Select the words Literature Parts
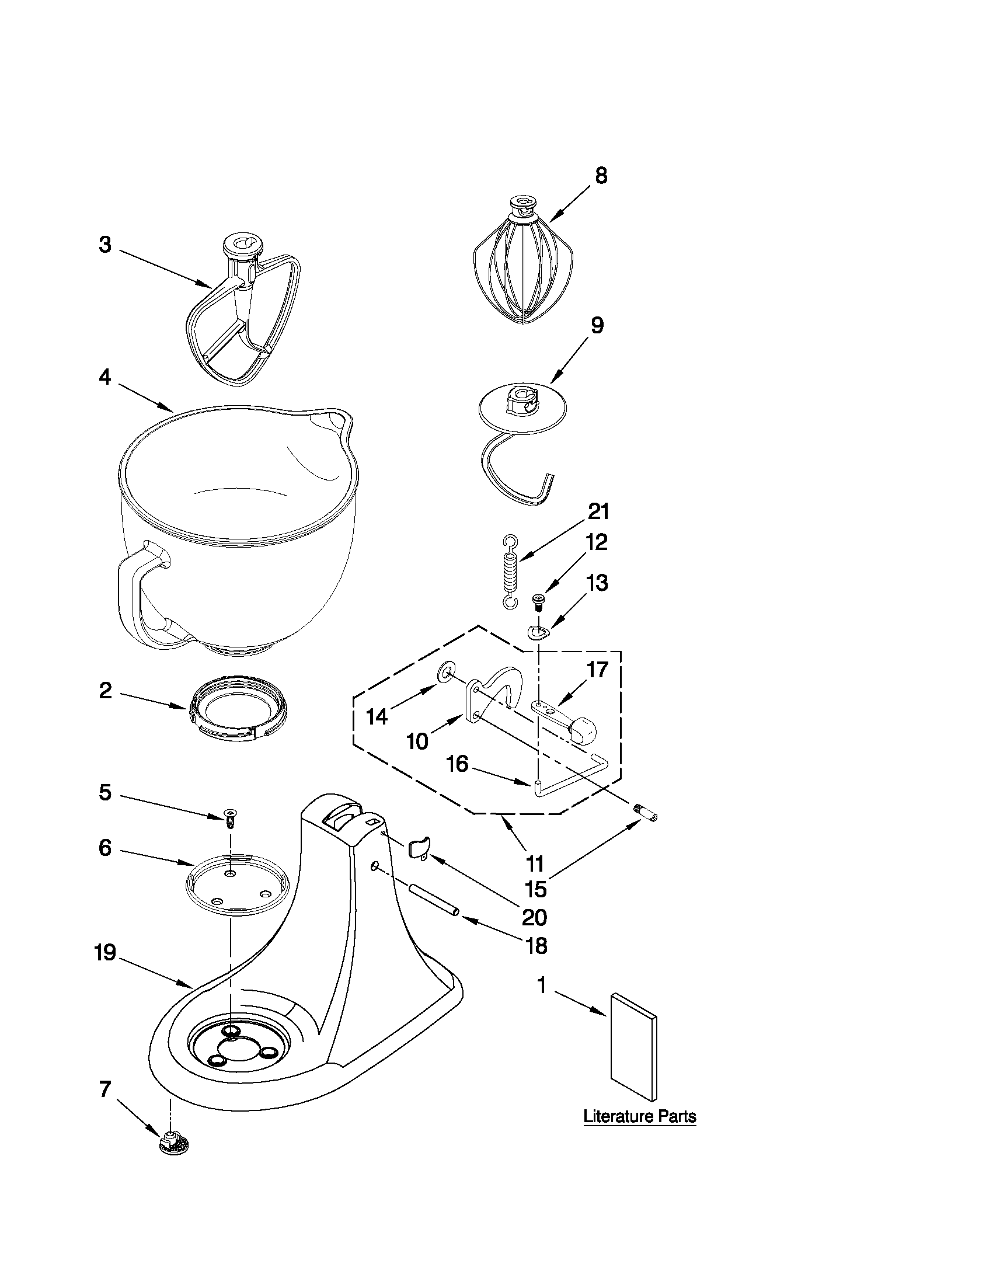click(639, 1116)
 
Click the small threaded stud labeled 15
click(647, 816)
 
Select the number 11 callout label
click(535, 863)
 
